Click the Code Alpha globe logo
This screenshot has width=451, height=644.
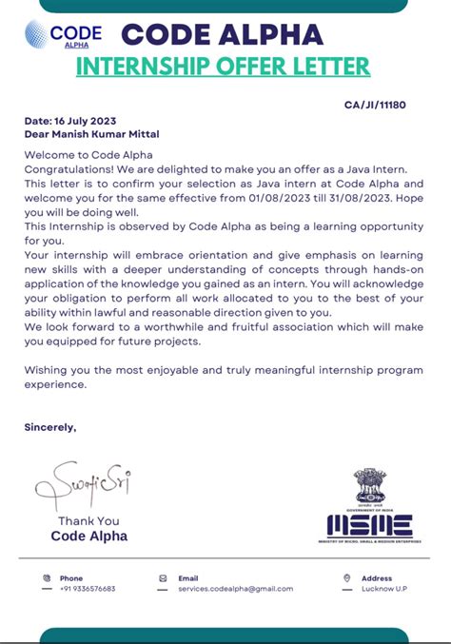click(x=36, y=35)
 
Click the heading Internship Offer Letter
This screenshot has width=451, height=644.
click(x=223, y=67)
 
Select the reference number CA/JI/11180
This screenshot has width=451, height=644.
click(x=375, y=105)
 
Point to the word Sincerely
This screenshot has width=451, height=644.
click(x=49, y=427)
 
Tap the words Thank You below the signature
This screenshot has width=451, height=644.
click(x=88, y=520)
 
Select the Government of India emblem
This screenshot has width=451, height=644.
click(x=369, y=487)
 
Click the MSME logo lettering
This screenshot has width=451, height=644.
click(x=369, y=525)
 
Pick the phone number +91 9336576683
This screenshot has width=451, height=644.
click(x=88, y=589)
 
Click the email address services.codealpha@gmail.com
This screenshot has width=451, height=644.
click(x=235, y=589)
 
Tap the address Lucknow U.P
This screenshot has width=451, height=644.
click(x=385, y=589)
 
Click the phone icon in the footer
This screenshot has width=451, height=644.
click(x=47, y=577)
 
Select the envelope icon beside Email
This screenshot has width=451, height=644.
click(x=163, y=577)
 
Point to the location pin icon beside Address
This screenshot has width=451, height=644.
click(x=346, y=577)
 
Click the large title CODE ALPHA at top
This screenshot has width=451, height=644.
click(x=222, y=34)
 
